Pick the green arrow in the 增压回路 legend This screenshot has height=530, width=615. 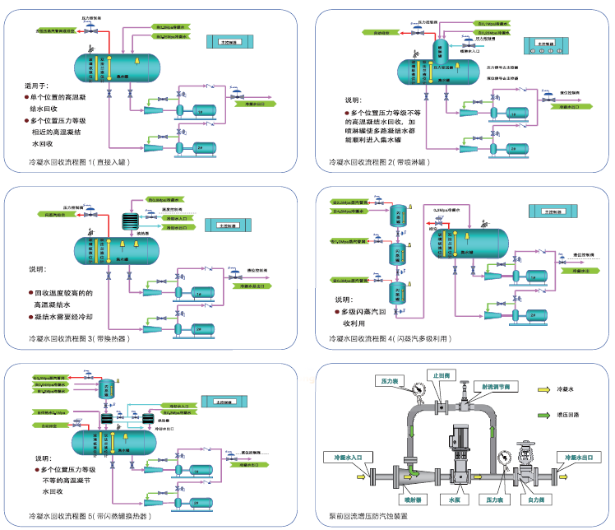tap(543, 416)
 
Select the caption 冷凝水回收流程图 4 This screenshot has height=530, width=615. tap(390, 339)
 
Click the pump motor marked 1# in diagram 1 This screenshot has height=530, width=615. tap(201, 110)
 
